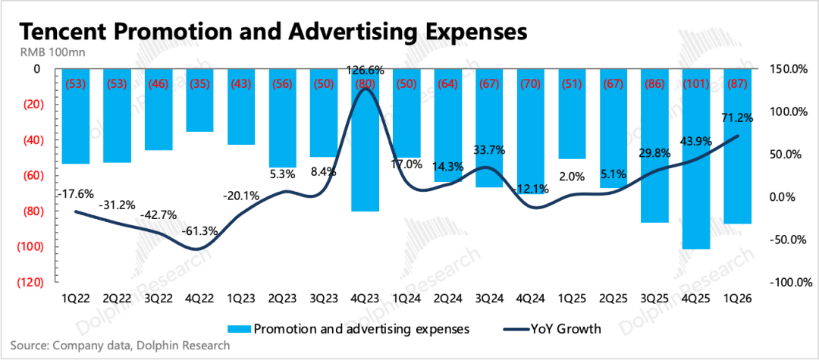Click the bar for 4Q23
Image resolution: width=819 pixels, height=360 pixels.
(365, 139)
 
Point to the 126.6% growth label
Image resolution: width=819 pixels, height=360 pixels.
(365, 70)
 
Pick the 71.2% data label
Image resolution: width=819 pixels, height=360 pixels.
(738, 118)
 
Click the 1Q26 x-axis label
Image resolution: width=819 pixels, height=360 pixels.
(738, 298)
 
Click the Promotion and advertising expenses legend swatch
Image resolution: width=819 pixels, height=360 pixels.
(239, 329)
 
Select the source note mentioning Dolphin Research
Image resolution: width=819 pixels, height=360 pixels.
(120, 346)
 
